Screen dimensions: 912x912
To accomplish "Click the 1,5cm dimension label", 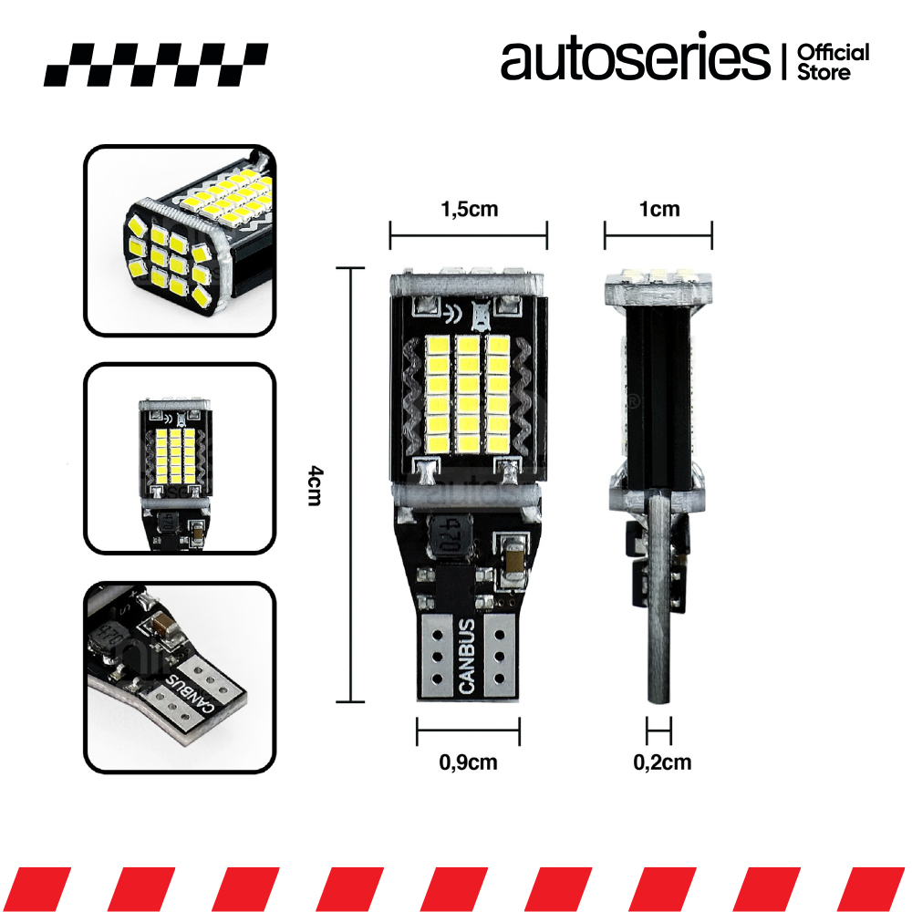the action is click(469, 210).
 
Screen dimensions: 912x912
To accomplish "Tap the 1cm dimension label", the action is click(658, 210).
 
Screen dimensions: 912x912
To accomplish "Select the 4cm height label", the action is click(314, 485).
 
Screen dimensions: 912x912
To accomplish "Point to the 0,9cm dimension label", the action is click(469, 762).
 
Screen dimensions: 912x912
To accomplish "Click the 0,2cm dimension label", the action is click(662, 762).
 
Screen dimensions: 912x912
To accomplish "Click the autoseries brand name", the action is click(635, 59).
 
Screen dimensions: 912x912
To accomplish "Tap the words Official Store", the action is click(833, 61).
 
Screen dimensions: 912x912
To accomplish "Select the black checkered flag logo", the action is click(155, 64).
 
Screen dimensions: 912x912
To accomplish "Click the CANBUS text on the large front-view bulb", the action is click(468, 657).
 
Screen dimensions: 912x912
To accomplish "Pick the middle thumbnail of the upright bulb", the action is click(180, 459).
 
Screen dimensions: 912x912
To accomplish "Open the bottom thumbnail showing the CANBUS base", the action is click(180, 678).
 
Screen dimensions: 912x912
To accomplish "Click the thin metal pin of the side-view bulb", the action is click(658, 620).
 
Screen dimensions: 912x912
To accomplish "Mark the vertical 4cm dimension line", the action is click(351, 485).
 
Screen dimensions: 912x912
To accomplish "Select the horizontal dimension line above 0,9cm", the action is click(468, 731).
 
